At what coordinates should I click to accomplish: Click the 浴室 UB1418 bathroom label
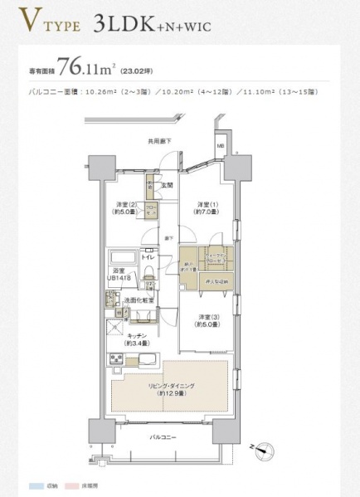pos(119,275)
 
